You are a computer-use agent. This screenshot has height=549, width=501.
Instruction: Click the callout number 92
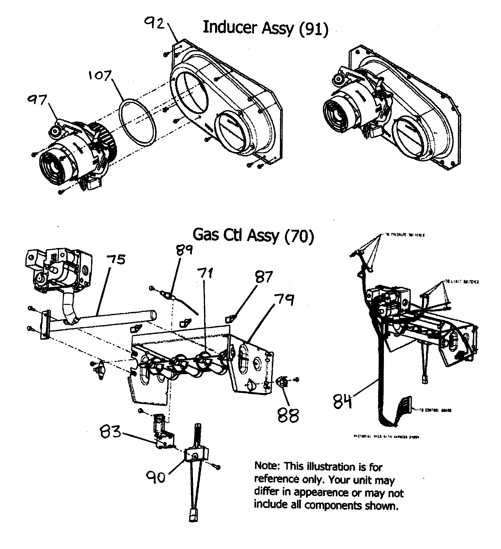point(154,24)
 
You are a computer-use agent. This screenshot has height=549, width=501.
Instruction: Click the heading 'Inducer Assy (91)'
point(265,28)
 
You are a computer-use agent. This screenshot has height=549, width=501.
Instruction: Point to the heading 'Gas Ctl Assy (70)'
point(253,235)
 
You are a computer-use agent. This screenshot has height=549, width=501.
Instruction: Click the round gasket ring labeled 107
point(138,121)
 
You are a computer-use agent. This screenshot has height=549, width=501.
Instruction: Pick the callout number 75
point(116,259)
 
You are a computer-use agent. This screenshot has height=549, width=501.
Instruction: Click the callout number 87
point(264,277)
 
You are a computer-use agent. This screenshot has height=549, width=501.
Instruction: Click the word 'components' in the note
point(333,505)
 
